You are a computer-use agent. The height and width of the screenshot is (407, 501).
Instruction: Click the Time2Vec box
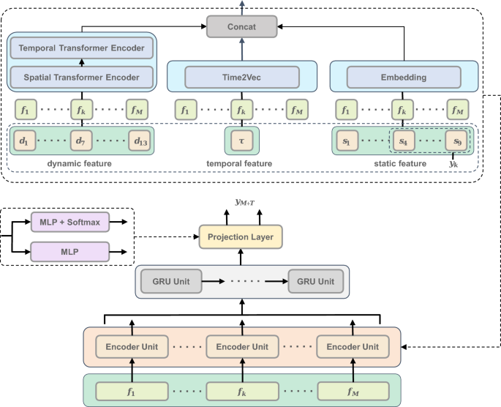(242, 76)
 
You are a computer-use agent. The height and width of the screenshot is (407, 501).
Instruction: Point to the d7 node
(81, 139)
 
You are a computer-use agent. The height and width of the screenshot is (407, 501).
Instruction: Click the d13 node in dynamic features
(138, 139)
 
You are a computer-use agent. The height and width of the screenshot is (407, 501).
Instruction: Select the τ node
(241, 139)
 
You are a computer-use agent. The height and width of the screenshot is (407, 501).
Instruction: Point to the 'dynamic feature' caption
(80, 163)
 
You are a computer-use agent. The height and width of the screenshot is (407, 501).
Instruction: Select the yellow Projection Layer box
(241, 237)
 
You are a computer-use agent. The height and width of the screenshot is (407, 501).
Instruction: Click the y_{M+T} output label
(241, 201)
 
